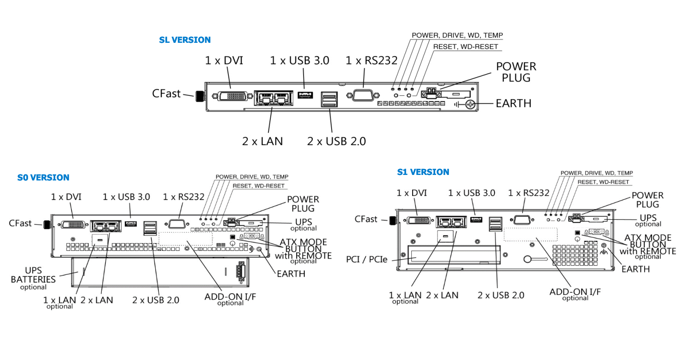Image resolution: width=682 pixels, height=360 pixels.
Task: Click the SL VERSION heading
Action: point(185,40)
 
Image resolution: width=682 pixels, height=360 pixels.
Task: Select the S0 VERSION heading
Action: point(43,178)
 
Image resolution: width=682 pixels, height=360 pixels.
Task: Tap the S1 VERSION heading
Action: point(423,172)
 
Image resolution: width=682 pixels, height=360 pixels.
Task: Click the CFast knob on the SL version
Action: point(200,96)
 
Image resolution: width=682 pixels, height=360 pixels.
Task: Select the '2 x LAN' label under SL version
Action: point(262,141)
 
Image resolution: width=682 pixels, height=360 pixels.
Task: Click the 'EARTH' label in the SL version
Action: point(513,104)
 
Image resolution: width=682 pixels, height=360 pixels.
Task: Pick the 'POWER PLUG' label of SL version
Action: point(516,72)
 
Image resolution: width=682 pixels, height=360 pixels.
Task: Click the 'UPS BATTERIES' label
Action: point(33,275)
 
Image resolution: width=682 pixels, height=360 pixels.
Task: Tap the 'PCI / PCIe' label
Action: point(366,259)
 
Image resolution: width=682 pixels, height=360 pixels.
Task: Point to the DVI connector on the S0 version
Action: point(73,224)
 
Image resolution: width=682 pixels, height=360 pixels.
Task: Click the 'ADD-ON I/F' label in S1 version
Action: point(575,291)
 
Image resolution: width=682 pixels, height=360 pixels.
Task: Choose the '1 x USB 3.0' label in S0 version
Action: point(126,197)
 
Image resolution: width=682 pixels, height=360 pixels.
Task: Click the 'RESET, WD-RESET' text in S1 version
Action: point(603,182)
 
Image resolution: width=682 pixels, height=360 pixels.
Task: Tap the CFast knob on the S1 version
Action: point(393,221)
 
